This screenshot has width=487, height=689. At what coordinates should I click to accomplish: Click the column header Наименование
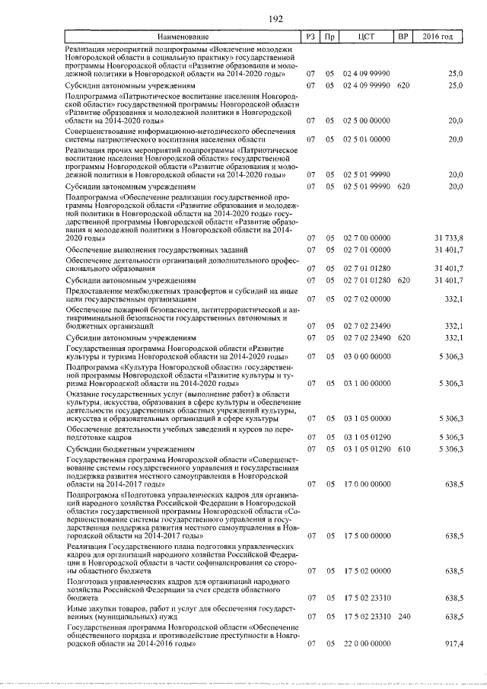183,37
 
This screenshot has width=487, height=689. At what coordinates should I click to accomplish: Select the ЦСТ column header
367,37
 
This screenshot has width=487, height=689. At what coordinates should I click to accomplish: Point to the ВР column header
403,37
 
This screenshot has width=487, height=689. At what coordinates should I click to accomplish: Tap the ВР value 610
403,450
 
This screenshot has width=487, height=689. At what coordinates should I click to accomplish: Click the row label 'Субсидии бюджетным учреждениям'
125,450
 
